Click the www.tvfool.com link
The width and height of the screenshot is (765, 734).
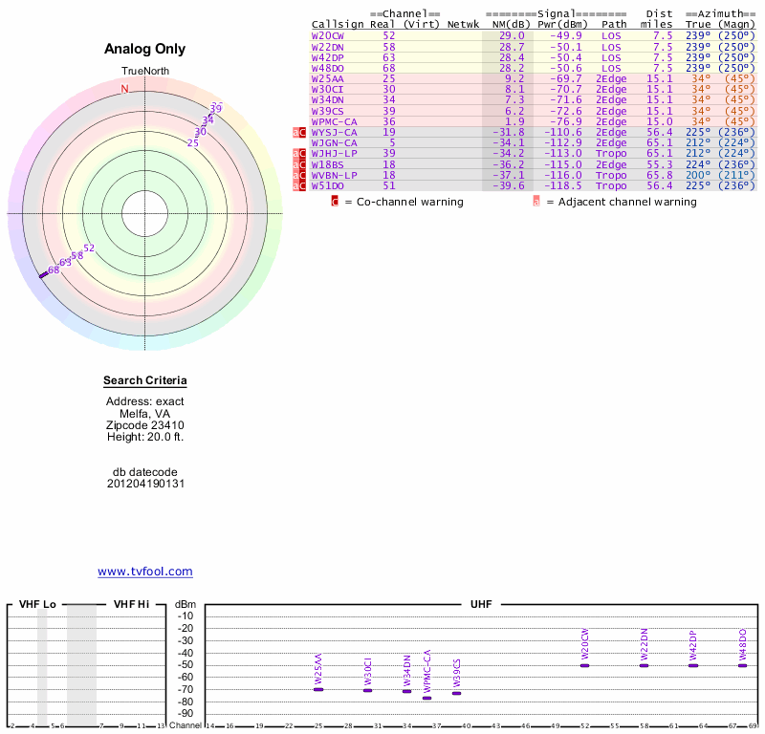pos(145,572)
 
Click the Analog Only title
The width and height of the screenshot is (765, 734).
pos(145,49)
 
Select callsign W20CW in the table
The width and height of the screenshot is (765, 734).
pos(328,35)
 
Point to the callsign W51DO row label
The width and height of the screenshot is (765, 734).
pos(328,185)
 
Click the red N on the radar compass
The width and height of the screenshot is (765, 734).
pos(124,89)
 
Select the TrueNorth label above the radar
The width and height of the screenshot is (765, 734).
pos(145,72)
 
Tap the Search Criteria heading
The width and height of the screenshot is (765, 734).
pos(145,381)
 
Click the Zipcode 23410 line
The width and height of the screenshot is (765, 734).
pos(145,425)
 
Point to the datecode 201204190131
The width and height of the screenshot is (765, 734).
pos(145,484)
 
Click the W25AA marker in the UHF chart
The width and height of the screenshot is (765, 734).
pos(318,689)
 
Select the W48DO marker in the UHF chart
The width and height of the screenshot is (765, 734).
pos(742,665)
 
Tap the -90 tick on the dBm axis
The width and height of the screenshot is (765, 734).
pos(186,714)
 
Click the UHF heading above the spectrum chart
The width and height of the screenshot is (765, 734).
pos(481,605)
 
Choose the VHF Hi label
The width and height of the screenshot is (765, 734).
pos(132,605)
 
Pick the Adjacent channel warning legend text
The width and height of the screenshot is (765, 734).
pos(622,202)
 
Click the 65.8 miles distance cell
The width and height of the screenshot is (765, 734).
pos(659,175)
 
